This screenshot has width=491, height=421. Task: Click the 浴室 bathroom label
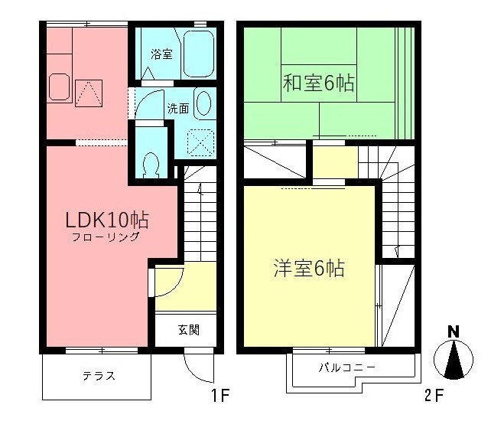(x=161, y=54)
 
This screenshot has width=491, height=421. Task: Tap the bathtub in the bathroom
(x=199, y=54)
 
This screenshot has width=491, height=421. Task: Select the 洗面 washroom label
(x=178, y=109)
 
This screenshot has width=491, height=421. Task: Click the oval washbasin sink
(x=203, y=103)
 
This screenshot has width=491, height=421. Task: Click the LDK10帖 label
(x=107, y=220)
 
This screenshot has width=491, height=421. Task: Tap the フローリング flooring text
(x=106, y=237)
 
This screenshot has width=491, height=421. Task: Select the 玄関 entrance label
(x=189, y=330)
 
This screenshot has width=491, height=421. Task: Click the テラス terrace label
(x=99, y=376)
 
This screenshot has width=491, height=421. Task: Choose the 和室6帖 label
(x=318, y=83)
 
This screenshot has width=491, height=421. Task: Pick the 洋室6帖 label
(x=309, y=269)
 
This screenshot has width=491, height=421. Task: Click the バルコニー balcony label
(x=346, y=367)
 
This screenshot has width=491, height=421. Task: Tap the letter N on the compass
(x=454, y=331)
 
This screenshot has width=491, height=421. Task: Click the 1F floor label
(x=221, y=395)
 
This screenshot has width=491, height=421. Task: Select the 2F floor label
(x=434, y=395)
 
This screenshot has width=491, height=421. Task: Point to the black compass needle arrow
(x=454, y=361)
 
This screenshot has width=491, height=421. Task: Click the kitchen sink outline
(x=59, y=87)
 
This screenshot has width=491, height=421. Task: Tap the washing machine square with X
(x=200, y=142)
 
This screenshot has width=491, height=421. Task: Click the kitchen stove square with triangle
(x=89, y=93)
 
